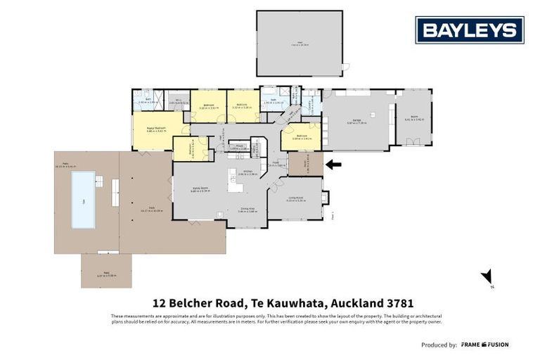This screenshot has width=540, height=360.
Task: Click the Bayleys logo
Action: (x=469, y=30)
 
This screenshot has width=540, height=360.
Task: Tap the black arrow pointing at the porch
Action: (x=334, y=165)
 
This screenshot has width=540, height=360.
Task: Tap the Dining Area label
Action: (x=246, y=209)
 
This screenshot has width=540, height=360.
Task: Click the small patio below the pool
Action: (x=106, y=270)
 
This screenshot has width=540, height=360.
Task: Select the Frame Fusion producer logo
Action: (x=484, y=345)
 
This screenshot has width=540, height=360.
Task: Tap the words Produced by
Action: (x=439, y=345)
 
